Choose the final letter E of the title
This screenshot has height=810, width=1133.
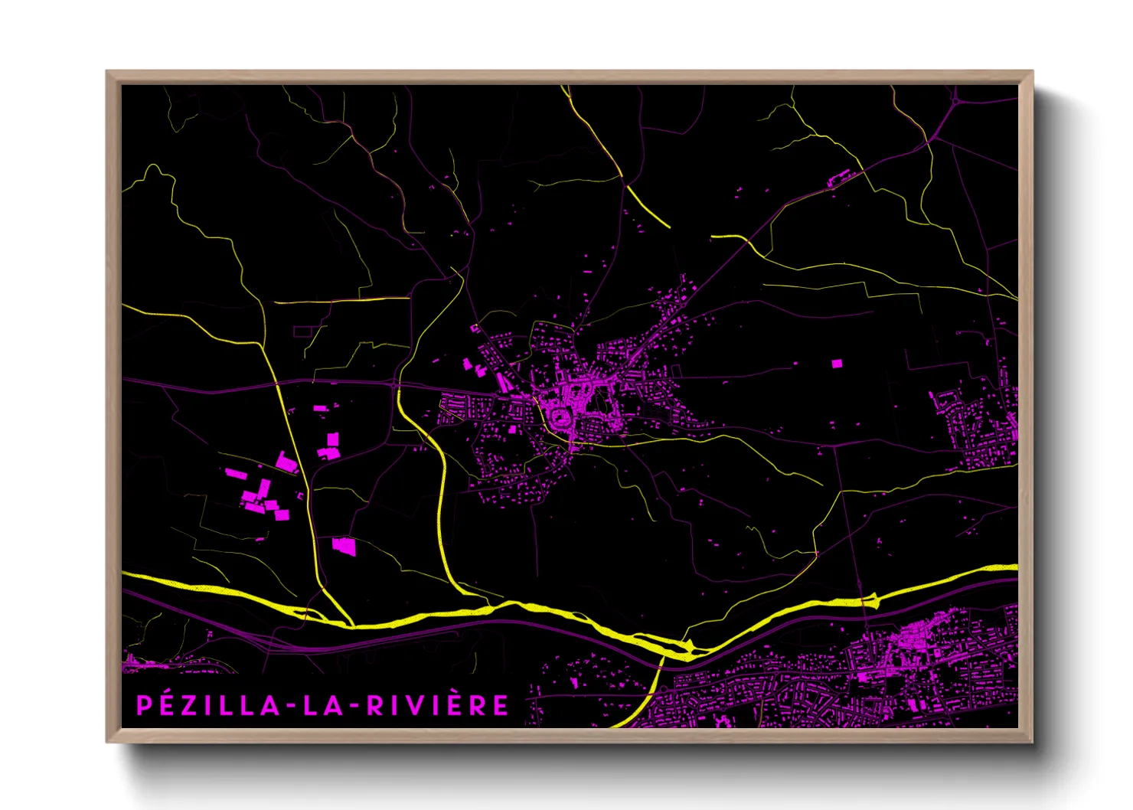[500, 705]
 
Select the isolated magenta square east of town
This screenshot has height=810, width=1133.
[837, 364]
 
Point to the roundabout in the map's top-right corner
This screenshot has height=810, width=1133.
[955, 99]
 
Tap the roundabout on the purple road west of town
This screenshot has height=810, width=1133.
[395, 385]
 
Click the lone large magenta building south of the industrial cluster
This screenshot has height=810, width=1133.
[344, 546]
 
